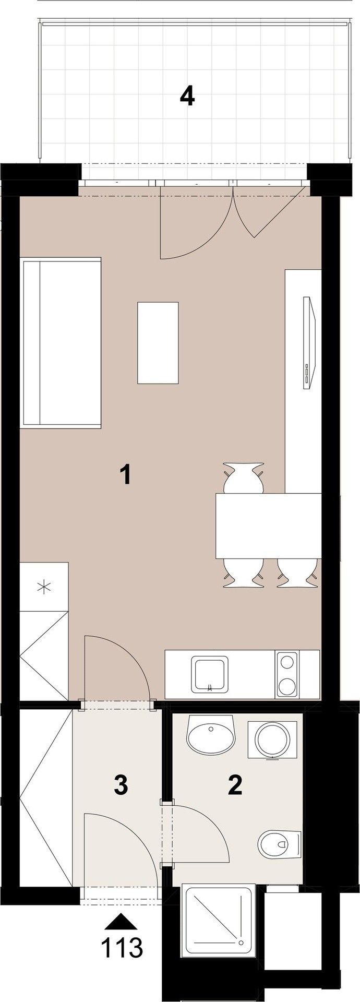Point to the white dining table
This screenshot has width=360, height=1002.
pos(268,526)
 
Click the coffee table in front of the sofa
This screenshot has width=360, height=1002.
pos(158,342)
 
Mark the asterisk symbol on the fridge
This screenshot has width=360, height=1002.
pos(44,587)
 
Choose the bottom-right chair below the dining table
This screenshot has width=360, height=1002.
pos(297,572)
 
